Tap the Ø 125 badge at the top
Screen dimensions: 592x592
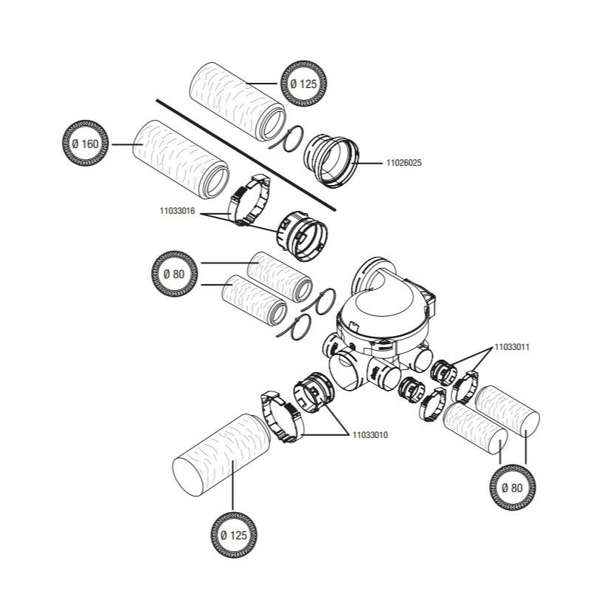303,84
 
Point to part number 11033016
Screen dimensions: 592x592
176,211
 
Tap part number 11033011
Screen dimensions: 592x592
511,346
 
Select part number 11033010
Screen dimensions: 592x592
367,434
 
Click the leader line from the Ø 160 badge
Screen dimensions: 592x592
121,144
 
